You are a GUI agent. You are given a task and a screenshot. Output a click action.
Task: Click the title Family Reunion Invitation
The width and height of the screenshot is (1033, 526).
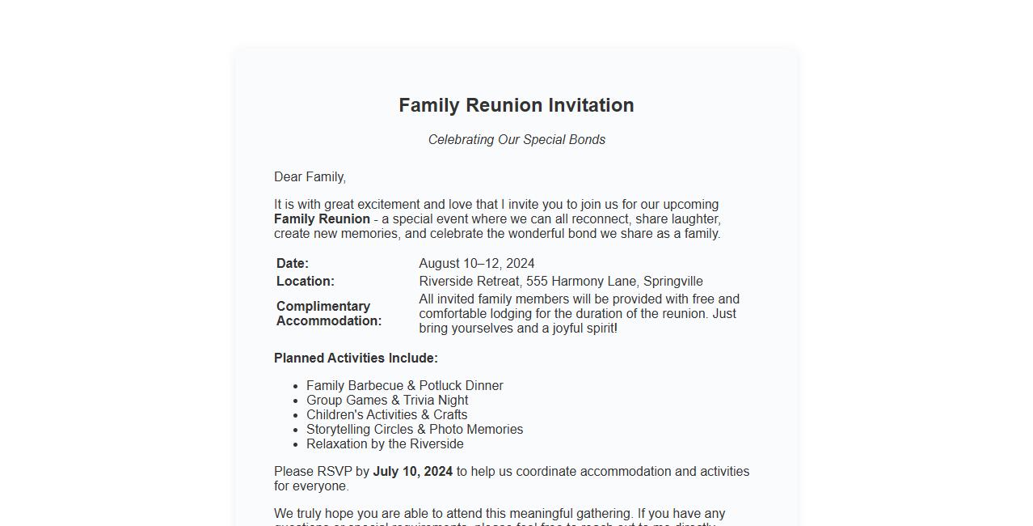pos(516,105)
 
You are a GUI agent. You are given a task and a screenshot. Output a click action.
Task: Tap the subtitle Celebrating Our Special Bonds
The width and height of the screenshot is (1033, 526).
pos(516,140)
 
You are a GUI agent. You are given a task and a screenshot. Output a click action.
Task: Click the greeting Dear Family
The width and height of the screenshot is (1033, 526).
pos(310,177)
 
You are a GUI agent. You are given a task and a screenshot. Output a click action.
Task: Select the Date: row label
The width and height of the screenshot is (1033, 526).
pos(293,264)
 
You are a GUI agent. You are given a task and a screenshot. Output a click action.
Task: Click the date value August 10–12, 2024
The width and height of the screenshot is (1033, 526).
pos(476,264)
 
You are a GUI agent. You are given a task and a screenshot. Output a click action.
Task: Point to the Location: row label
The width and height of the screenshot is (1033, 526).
pos(305,282)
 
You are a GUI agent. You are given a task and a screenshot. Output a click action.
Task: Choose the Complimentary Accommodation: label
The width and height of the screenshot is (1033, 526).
pos(328,314)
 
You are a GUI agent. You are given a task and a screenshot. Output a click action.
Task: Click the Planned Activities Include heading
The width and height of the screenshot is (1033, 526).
pos(356,358)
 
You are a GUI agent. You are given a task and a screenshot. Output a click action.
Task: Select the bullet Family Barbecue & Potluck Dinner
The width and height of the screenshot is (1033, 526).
pos(404,386)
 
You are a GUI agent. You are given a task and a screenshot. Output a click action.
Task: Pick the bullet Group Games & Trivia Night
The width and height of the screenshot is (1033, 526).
pos(387,401)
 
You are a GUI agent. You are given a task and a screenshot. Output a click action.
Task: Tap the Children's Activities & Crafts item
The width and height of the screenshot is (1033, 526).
pos(386,415)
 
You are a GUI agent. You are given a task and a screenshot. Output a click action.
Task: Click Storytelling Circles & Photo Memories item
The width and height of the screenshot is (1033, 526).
pos(415,430)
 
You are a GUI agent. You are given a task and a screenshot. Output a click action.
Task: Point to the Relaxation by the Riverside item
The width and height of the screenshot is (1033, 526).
pos(385,444)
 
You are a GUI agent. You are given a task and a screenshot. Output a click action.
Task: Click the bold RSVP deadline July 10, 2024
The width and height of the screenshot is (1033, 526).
pos(412,472)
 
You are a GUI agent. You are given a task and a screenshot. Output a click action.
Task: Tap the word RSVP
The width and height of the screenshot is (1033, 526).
pos(334,472)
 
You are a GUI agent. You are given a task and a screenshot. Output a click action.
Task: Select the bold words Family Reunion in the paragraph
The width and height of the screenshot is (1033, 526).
pos(322,219)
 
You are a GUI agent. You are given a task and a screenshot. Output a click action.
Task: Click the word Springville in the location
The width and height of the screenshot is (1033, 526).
pos(673,282)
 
